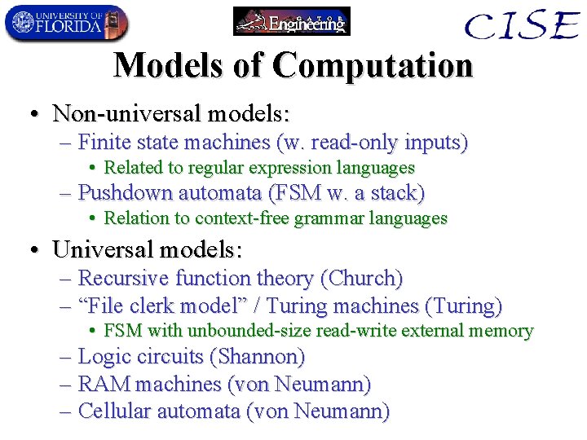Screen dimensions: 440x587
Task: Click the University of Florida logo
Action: point(66,23)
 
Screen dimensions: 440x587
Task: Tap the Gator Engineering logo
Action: point(292,21)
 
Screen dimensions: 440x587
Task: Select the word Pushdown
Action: point(122,193)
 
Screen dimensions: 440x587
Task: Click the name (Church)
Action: point(362,279)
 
